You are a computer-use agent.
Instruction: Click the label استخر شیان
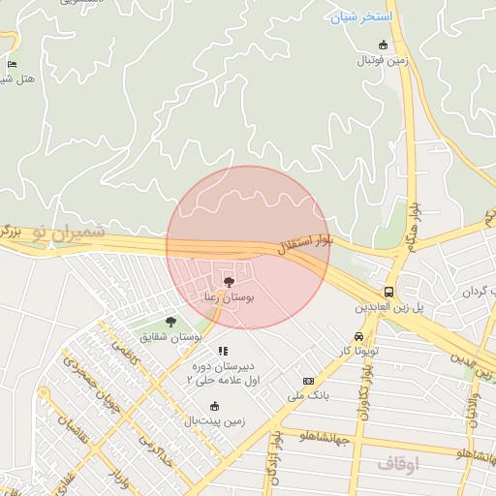pyautogui.click(x=360, y=17)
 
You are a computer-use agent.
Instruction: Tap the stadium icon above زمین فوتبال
pyautogui.click(x=383, y=45)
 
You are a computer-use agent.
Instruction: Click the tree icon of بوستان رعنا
pyautogui.click(x=229, y=282)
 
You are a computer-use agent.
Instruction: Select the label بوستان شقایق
pyautogui.click(x=170, y=336)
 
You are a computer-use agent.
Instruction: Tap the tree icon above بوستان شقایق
pyautogui.click(x=170, y=322)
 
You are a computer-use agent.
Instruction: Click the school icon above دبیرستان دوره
pyautogui.click(x=223, y=351)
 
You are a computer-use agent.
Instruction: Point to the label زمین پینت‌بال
pyautogui.click(x=213, y=420)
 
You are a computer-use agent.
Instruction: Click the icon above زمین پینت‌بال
pyautogui.click(x=213, y=406)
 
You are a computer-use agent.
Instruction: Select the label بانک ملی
pyautogui.click(x=309, y=395)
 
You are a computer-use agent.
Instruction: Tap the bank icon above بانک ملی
pyautogui.click(x=309, y=381)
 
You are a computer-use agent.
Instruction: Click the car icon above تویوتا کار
pyautogui.click(x=358, y=336)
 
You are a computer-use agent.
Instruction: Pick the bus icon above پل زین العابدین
pyautogui.click(x=388, y=292)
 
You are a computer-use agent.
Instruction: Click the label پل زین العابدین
pyautogui.click(x=387, y=306)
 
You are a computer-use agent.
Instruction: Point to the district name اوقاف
pyautogui.click(x=397, y=463)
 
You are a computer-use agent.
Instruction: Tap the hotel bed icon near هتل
pyautogui.click(x=12, y=64)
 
